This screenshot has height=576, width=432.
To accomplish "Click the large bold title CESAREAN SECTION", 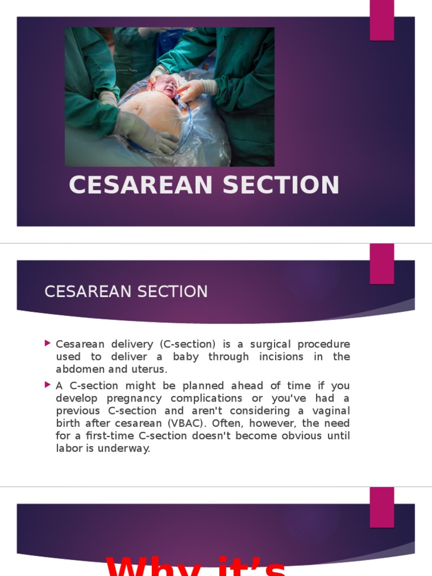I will click(x=204, y=186).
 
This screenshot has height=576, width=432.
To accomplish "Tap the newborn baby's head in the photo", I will click(x=165, y=85).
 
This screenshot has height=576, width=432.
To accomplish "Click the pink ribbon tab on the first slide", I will click(x=381, y=20).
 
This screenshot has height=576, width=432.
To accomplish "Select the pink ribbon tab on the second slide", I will click(x=381, y=263).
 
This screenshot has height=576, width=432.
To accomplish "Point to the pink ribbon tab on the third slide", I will click(x=381, y=507).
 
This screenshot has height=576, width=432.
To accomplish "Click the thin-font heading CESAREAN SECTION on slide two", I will click(x=126, y=291).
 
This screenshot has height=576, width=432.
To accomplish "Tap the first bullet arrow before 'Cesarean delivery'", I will click(x=47, y=343).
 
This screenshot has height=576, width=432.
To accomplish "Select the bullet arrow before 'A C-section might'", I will click(x=47, y=385).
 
